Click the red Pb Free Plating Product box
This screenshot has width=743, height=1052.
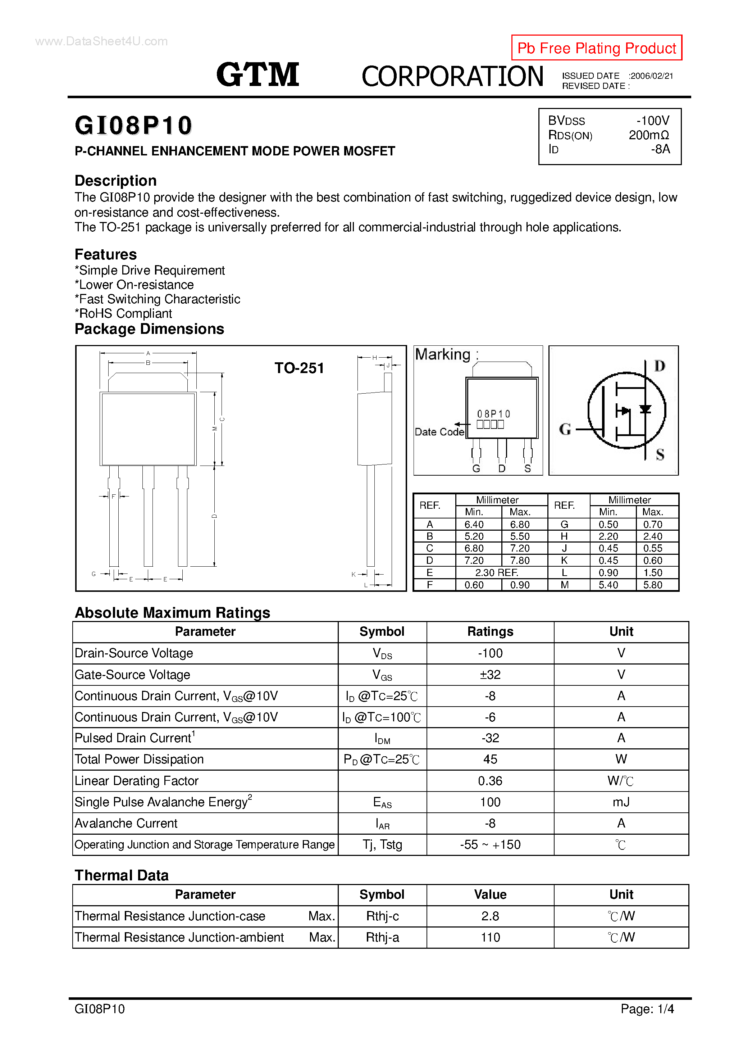[596, 47]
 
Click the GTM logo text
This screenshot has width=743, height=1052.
[257, 75]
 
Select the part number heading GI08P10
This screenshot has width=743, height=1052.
[133, 125]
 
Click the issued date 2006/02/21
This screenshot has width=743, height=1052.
[651, 76]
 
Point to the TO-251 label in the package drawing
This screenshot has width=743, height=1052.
[299, 368]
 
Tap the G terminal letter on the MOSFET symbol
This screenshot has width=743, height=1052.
[565, 429]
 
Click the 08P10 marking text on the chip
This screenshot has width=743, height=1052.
[493, 414]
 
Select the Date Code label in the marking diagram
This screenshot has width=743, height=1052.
[439, 432]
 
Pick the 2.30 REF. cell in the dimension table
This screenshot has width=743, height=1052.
[497, 573]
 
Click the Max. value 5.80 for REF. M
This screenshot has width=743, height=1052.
[652, 585]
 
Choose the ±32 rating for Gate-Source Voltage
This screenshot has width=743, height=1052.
[490, 675]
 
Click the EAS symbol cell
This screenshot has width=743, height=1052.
[382, 802]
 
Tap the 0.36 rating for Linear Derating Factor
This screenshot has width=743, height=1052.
[490, 781]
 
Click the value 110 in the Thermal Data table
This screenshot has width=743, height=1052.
[490, 938]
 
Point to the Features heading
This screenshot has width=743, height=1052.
[106, 254]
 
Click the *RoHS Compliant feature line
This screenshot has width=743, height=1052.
[123, 313]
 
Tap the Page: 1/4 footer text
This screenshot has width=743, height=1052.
[647, 1008]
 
